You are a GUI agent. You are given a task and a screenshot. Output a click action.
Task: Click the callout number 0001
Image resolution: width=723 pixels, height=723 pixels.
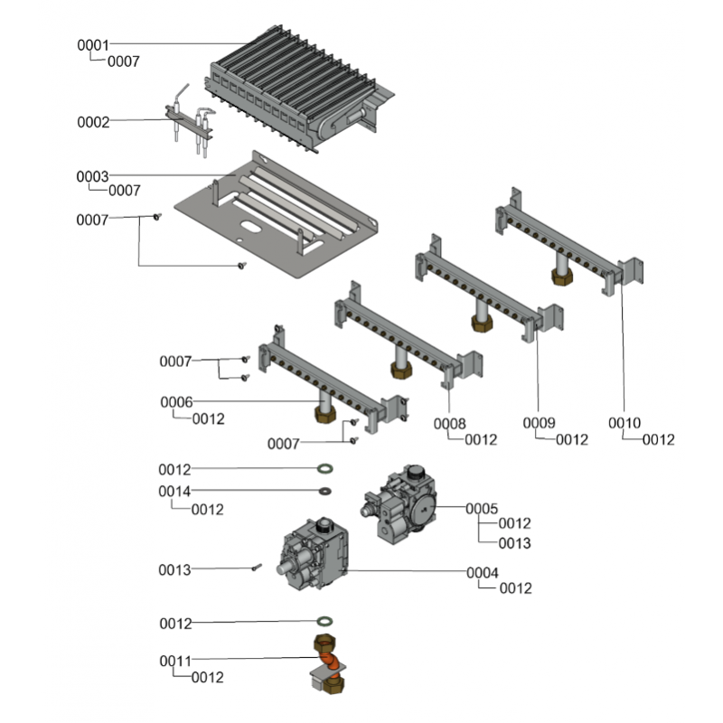(x=92, y=44)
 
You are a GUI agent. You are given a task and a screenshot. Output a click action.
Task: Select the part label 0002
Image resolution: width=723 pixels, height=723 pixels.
(x=92, y=121)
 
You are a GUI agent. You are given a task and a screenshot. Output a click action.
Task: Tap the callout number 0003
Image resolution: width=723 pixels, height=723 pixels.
(x=92, y=175)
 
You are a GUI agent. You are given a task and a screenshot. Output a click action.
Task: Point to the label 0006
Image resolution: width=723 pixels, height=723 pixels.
(x=176, y=401)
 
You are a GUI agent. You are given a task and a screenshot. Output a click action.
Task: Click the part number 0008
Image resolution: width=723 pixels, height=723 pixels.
(x=449, y=423)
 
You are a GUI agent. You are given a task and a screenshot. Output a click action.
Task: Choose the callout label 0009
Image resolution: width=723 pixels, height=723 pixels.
(x=540, y=423)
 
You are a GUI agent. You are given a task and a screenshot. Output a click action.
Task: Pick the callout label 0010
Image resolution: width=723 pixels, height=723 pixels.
(x=624, y=423)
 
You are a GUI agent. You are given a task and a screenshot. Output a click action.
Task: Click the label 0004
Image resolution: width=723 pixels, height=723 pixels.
(x=482, y=572)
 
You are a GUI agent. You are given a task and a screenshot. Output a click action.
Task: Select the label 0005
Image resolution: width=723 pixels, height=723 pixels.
(x=482, y=509)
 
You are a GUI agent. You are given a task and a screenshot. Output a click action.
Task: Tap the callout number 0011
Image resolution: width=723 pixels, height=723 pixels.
(x=175, y=662)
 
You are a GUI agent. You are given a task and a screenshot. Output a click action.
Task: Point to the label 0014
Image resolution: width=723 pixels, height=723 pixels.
(x=174, y=492)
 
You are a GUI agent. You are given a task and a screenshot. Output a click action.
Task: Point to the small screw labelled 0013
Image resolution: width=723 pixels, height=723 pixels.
(x=257, y=568)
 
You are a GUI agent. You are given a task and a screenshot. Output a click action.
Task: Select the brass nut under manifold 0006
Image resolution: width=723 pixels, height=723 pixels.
(x=323, y=416)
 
